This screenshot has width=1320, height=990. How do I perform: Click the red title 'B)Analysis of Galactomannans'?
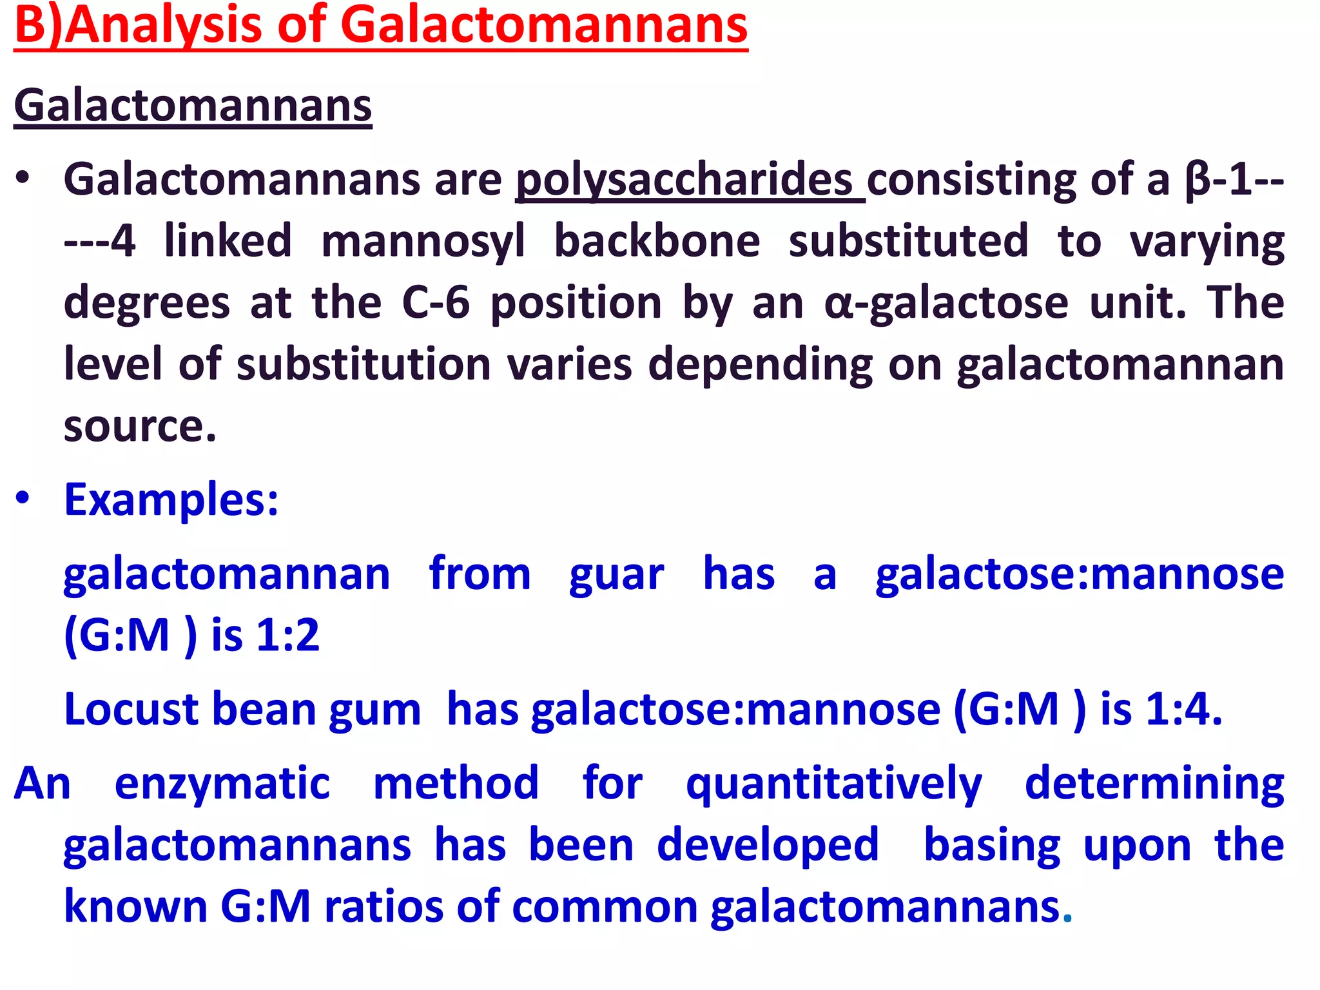pos(380,26)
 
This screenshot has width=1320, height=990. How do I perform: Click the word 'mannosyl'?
pos(423,241)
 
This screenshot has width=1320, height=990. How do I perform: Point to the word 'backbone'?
pos(657,241)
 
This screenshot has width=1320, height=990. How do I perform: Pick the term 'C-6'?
pos(436,302)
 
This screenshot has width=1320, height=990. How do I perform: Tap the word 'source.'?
pos(140,426)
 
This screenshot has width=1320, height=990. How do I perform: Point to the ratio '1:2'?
pos(287,636)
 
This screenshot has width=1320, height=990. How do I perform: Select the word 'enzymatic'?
pos(222,784)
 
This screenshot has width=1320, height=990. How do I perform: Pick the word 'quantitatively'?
pos(834,784)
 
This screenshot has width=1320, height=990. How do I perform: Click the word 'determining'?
pos(1154,784)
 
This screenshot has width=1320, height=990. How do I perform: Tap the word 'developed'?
pos(768,845)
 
